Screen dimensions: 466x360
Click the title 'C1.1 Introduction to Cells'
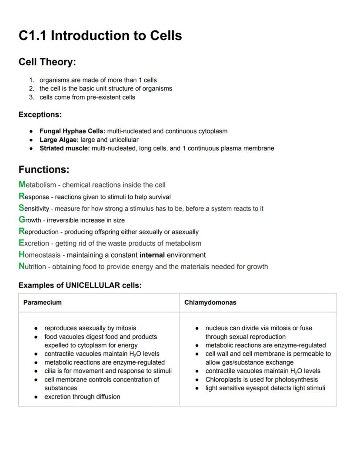point(100,35)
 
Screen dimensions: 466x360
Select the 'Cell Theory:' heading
point(47,62)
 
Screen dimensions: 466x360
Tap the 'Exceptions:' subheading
point(40,115)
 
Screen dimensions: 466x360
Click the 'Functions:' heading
point(43,169)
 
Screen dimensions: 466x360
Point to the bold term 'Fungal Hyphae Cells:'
point(72,131)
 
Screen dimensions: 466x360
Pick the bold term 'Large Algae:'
point(59,140)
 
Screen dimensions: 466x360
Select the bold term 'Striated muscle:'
point(64,148)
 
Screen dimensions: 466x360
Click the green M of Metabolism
point(22,184)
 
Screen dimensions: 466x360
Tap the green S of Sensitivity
point(21,208)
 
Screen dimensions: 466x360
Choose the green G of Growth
point(22,220)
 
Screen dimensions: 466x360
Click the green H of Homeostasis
point(22,255)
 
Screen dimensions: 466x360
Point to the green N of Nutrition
point(22,266)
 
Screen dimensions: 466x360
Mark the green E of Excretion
point(21,243)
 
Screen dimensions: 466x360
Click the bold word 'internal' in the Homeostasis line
point(152,255)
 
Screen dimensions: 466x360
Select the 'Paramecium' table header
point(43,302)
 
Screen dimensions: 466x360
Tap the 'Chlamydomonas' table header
point(210,302)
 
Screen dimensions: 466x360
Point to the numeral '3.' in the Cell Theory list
point(32,97)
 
